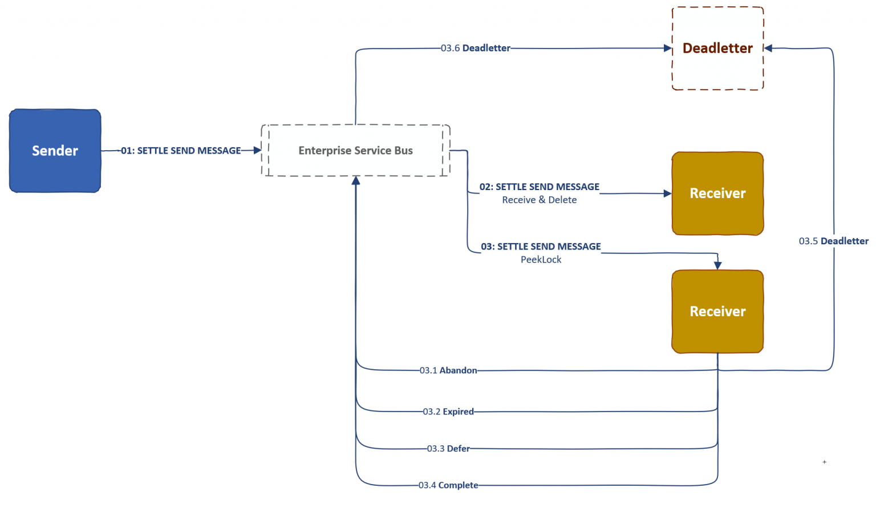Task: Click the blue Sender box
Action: point(55,151)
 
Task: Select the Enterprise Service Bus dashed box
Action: point(355,151)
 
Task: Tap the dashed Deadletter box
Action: point(717,49)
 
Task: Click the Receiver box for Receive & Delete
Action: point(717,193)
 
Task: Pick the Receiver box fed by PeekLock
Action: point(717,312)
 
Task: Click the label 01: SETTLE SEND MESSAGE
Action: point(181,151)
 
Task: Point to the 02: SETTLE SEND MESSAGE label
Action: point(539,187)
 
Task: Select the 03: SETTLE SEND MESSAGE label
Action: point(541,247)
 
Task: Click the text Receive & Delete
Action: point(539,200)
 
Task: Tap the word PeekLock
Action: point(541,260)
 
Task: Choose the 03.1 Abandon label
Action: point(448,370)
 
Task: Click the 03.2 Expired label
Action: point(448,412)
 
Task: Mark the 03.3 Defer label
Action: point(448,449)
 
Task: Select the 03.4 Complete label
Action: point(448,485)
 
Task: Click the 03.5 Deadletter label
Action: point(833,241)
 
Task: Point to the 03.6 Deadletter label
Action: point(475,49)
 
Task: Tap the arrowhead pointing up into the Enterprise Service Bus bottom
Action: point(356,180)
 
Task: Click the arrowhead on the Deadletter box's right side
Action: point(768,49)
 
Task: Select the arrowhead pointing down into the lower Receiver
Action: point(717,265)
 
